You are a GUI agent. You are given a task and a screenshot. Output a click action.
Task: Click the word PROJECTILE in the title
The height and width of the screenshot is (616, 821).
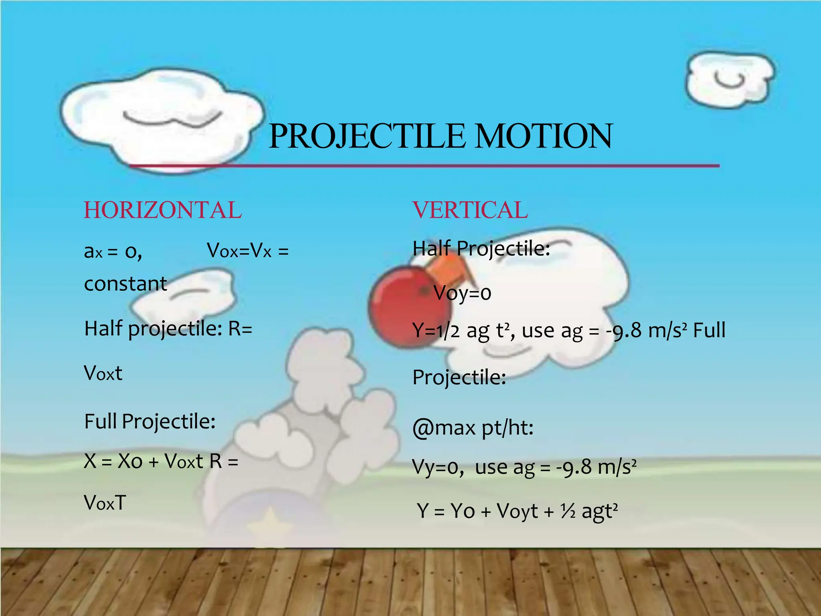coord(367,136)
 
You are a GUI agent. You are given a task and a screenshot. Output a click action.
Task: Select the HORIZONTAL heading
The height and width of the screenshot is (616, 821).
coord(163,210)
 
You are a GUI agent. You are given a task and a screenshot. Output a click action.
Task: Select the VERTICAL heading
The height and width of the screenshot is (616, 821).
coord(470,210)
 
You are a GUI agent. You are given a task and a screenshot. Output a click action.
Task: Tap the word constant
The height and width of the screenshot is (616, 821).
coord(125,284)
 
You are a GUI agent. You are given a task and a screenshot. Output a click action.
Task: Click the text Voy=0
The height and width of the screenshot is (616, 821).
coord(462,293)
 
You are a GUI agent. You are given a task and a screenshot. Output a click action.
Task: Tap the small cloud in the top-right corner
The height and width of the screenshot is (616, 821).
coord(730,80)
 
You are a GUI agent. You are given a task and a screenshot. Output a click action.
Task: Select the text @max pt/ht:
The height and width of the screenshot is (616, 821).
coord(473,428)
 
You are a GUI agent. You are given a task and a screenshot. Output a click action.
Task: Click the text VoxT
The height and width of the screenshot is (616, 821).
coord(105,503)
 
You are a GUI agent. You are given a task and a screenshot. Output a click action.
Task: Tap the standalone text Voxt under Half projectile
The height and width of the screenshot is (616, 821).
coord(103,373)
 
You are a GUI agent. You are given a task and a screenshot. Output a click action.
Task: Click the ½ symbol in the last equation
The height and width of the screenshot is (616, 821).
coord(568,511)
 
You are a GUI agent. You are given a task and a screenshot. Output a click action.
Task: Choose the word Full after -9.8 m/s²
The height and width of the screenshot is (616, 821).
coord(709,330)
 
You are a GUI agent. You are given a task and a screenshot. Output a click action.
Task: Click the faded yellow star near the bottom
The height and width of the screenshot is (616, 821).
coord(271,521)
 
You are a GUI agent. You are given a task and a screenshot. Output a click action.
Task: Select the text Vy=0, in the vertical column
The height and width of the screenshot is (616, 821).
coord(438,467)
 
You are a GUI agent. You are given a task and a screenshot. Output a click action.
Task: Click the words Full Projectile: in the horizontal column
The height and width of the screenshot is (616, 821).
coord(150,421)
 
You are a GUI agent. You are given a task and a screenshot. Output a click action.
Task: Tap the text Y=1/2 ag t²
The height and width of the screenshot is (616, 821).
coord(461,331)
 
